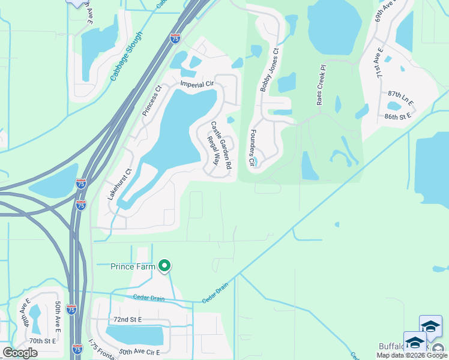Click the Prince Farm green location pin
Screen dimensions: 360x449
164,265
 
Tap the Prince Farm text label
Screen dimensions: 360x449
133,266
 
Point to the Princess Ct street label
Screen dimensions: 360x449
151,100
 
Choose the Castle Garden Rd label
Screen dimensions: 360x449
220,145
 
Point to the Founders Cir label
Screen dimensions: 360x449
253,148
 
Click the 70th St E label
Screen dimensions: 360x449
42,341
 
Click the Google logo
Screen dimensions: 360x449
20,353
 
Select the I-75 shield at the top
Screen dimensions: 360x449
175,38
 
